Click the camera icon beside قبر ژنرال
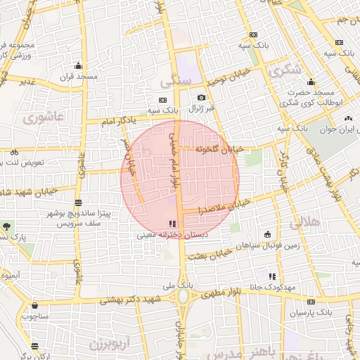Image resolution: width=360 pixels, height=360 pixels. point(202,97)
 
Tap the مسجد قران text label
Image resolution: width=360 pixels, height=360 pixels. point(77,76)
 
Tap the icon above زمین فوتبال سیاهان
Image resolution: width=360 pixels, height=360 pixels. point(267,234)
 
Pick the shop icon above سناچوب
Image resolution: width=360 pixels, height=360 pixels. point(35,306)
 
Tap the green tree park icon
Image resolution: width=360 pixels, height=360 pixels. point(7,226)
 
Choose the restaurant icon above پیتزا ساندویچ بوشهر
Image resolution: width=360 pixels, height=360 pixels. point(77,202)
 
